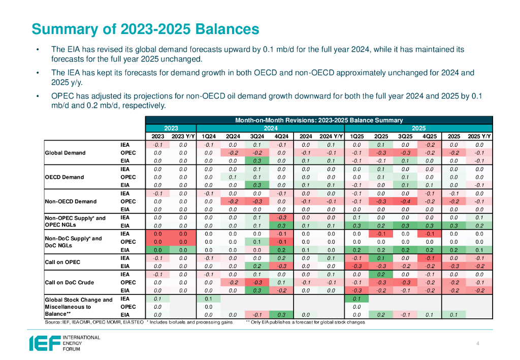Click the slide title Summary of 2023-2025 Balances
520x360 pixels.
point(145,28)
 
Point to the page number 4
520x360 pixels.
point(478,344)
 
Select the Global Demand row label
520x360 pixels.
point(66,152)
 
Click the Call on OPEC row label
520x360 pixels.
point(63,262)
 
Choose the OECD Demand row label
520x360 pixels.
point(64,177)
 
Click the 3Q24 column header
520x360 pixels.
point(257,136)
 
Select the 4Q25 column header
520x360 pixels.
point(429,136)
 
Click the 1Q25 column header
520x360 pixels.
point(356,136)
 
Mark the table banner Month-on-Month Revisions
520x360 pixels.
point(319,120)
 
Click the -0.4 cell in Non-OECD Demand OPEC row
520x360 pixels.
point(405,201)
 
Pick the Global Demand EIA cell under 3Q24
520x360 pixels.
point(257,160)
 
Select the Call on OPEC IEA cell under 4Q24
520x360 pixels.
point(282,258)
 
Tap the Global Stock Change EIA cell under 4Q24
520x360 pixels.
point(282,315)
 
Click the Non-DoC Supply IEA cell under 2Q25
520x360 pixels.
point(380,234)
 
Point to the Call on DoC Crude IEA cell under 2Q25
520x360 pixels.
point(380,274)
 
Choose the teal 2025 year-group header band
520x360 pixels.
point(418,128)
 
